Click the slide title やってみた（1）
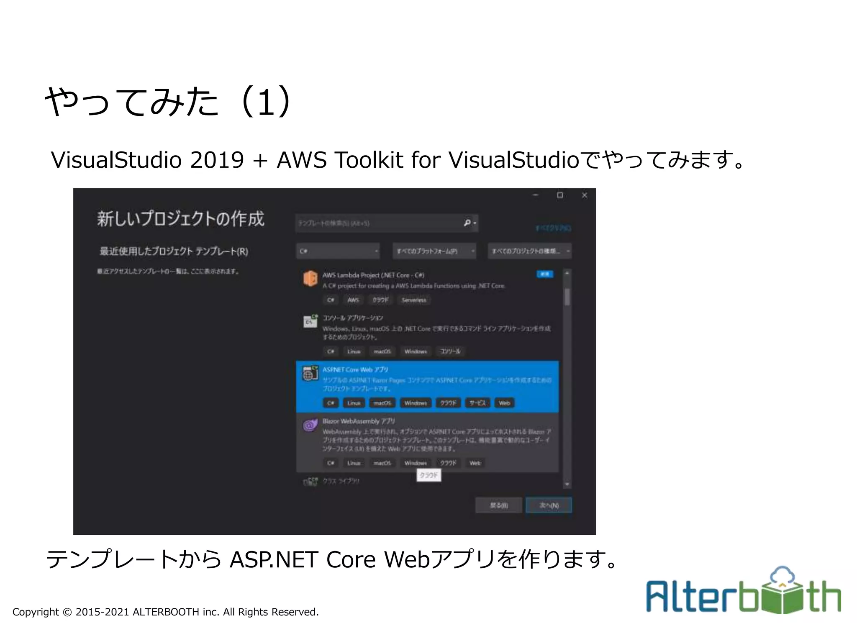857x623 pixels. click(167, 102)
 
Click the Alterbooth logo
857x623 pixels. click(743, 591)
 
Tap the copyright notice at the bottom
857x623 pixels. click(165, 612)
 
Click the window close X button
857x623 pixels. click(584, 195)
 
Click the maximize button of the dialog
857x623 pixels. click(559, 195)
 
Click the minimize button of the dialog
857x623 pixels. click(535, 195)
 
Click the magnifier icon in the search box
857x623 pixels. click(467, 223)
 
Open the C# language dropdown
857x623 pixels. click(338, 251)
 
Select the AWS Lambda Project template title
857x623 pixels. click(373, 275)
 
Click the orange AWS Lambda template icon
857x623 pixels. click(310, 278)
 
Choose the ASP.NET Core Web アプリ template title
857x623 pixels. click(355, 370)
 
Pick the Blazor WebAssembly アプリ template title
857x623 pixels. click(359, 421)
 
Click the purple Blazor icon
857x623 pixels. click(310, 426)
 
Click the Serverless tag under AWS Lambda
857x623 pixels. click(414, 300)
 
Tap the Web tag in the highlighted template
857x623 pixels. click(504, 403)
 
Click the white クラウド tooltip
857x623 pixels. click(428, 475)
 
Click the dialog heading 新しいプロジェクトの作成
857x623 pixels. click(181, 219)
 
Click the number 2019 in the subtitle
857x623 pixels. click(217, 160)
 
